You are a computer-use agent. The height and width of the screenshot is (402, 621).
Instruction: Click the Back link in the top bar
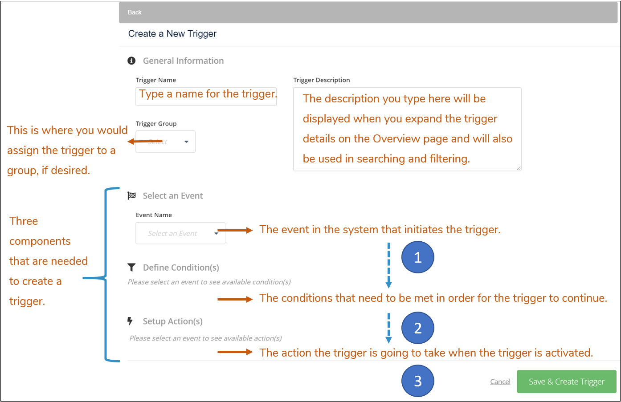pyautogui.click(x=135, y=12)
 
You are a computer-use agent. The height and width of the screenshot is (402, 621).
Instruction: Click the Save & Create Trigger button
pyautogui.click(x=566, y=382)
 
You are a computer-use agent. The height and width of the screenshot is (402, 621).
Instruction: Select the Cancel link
pyautogui.click(x=500, y=382)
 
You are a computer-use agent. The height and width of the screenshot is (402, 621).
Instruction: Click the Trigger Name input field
pyautogui.click(x=206, y=97)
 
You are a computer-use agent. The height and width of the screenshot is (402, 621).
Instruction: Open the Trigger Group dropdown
pyautogui.click(x=165, y=142)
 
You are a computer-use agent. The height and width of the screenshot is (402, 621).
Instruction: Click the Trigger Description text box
pyautogui.click(x=407, y=129)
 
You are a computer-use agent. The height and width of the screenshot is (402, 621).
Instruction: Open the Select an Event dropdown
pyautogui.click(x=180, y=233)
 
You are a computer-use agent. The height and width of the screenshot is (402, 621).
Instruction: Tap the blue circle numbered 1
pyautogui.click(x=417, y=257)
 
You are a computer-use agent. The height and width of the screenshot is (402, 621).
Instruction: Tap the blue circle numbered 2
pyautogui.click(x=417, y=328)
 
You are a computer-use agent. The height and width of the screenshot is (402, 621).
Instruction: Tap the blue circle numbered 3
pyautogui.click(x=417, y=381)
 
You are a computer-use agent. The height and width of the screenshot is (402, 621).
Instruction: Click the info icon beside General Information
pyautogui.click(x=131, y=61)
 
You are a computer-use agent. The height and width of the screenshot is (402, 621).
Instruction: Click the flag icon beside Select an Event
pyautogui.click(x=131, y=195)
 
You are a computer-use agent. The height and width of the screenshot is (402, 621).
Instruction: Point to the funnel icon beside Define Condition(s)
pyautogui.click(x=131, y=267)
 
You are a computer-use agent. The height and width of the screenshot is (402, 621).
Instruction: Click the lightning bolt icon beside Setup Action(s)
pyautogui.click(x=130, y=321)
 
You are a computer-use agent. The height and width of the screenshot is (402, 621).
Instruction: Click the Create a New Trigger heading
pyautogui.click(x=172, y=34)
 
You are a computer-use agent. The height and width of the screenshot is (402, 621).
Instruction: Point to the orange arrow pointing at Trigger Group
pyautogui.click(x=144, y=142)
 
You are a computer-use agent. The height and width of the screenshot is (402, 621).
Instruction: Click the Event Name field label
pyautogui.click(x=154, y=215)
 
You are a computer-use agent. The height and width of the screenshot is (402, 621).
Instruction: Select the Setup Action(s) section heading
pyautogui.click(x=172, y=321)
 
